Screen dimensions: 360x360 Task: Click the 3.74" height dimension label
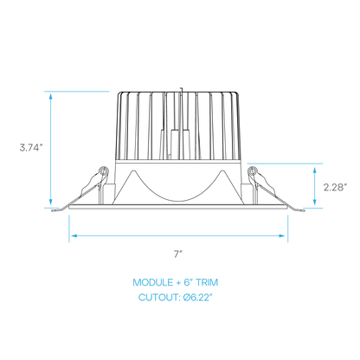[31, 148]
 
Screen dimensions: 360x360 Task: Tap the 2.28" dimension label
[335, 188]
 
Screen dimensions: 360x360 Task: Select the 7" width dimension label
[178, 254]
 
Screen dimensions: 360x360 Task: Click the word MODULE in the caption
[153, 282]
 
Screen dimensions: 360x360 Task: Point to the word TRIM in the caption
[207, 282]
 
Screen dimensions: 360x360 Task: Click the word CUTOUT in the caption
[158, 297]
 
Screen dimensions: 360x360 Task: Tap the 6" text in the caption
[189, 282]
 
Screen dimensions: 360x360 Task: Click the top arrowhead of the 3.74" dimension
[51, 96]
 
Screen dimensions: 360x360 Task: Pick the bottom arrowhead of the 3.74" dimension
[51, 202]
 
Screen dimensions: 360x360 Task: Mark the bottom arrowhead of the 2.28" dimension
[315, 202]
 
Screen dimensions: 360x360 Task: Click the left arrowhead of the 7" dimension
[74, 236]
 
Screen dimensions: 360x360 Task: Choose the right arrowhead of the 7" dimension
[282, 236]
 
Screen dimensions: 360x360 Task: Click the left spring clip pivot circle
[103, 170]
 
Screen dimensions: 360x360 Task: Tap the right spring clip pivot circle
[253, 170]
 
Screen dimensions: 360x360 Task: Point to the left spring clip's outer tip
[54, 210]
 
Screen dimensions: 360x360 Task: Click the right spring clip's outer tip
[303, 210]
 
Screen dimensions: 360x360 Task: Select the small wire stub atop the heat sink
[181, 89]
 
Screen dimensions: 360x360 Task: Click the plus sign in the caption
[179, 283]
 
